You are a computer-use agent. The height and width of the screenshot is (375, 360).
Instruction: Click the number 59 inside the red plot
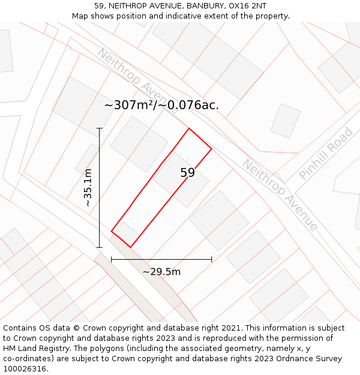coord(188,173)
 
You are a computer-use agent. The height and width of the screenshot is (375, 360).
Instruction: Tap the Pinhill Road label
coord(326,153)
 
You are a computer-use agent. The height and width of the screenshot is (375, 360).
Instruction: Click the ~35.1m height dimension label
coord(88,187)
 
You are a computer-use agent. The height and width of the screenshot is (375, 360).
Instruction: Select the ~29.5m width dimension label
coord(161,272)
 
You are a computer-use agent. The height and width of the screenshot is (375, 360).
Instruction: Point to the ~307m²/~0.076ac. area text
coord(161,105)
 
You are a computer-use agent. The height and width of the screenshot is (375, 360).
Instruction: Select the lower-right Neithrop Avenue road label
coord(280,194)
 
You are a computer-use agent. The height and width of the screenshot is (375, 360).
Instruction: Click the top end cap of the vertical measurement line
coord(100,128)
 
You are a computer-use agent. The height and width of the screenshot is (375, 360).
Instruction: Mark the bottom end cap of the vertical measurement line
coord(100,247)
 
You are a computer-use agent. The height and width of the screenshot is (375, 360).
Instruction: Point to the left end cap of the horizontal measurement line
coord(112,260)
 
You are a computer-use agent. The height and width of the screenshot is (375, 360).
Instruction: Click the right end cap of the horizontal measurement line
coord(212,260)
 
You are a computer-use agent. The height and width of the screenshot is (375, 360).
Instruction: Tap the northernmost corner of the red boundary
coord(189,128)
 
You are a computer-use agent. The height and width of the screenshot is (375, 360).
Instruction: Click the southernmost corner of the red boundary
coord(130,247)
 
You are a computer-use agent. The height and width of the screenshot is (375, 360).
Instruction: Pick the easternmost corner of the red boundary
coord(212,148)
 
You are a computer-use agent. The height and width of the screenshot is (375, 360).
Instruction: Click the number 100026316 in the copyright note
coord(26,369)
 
